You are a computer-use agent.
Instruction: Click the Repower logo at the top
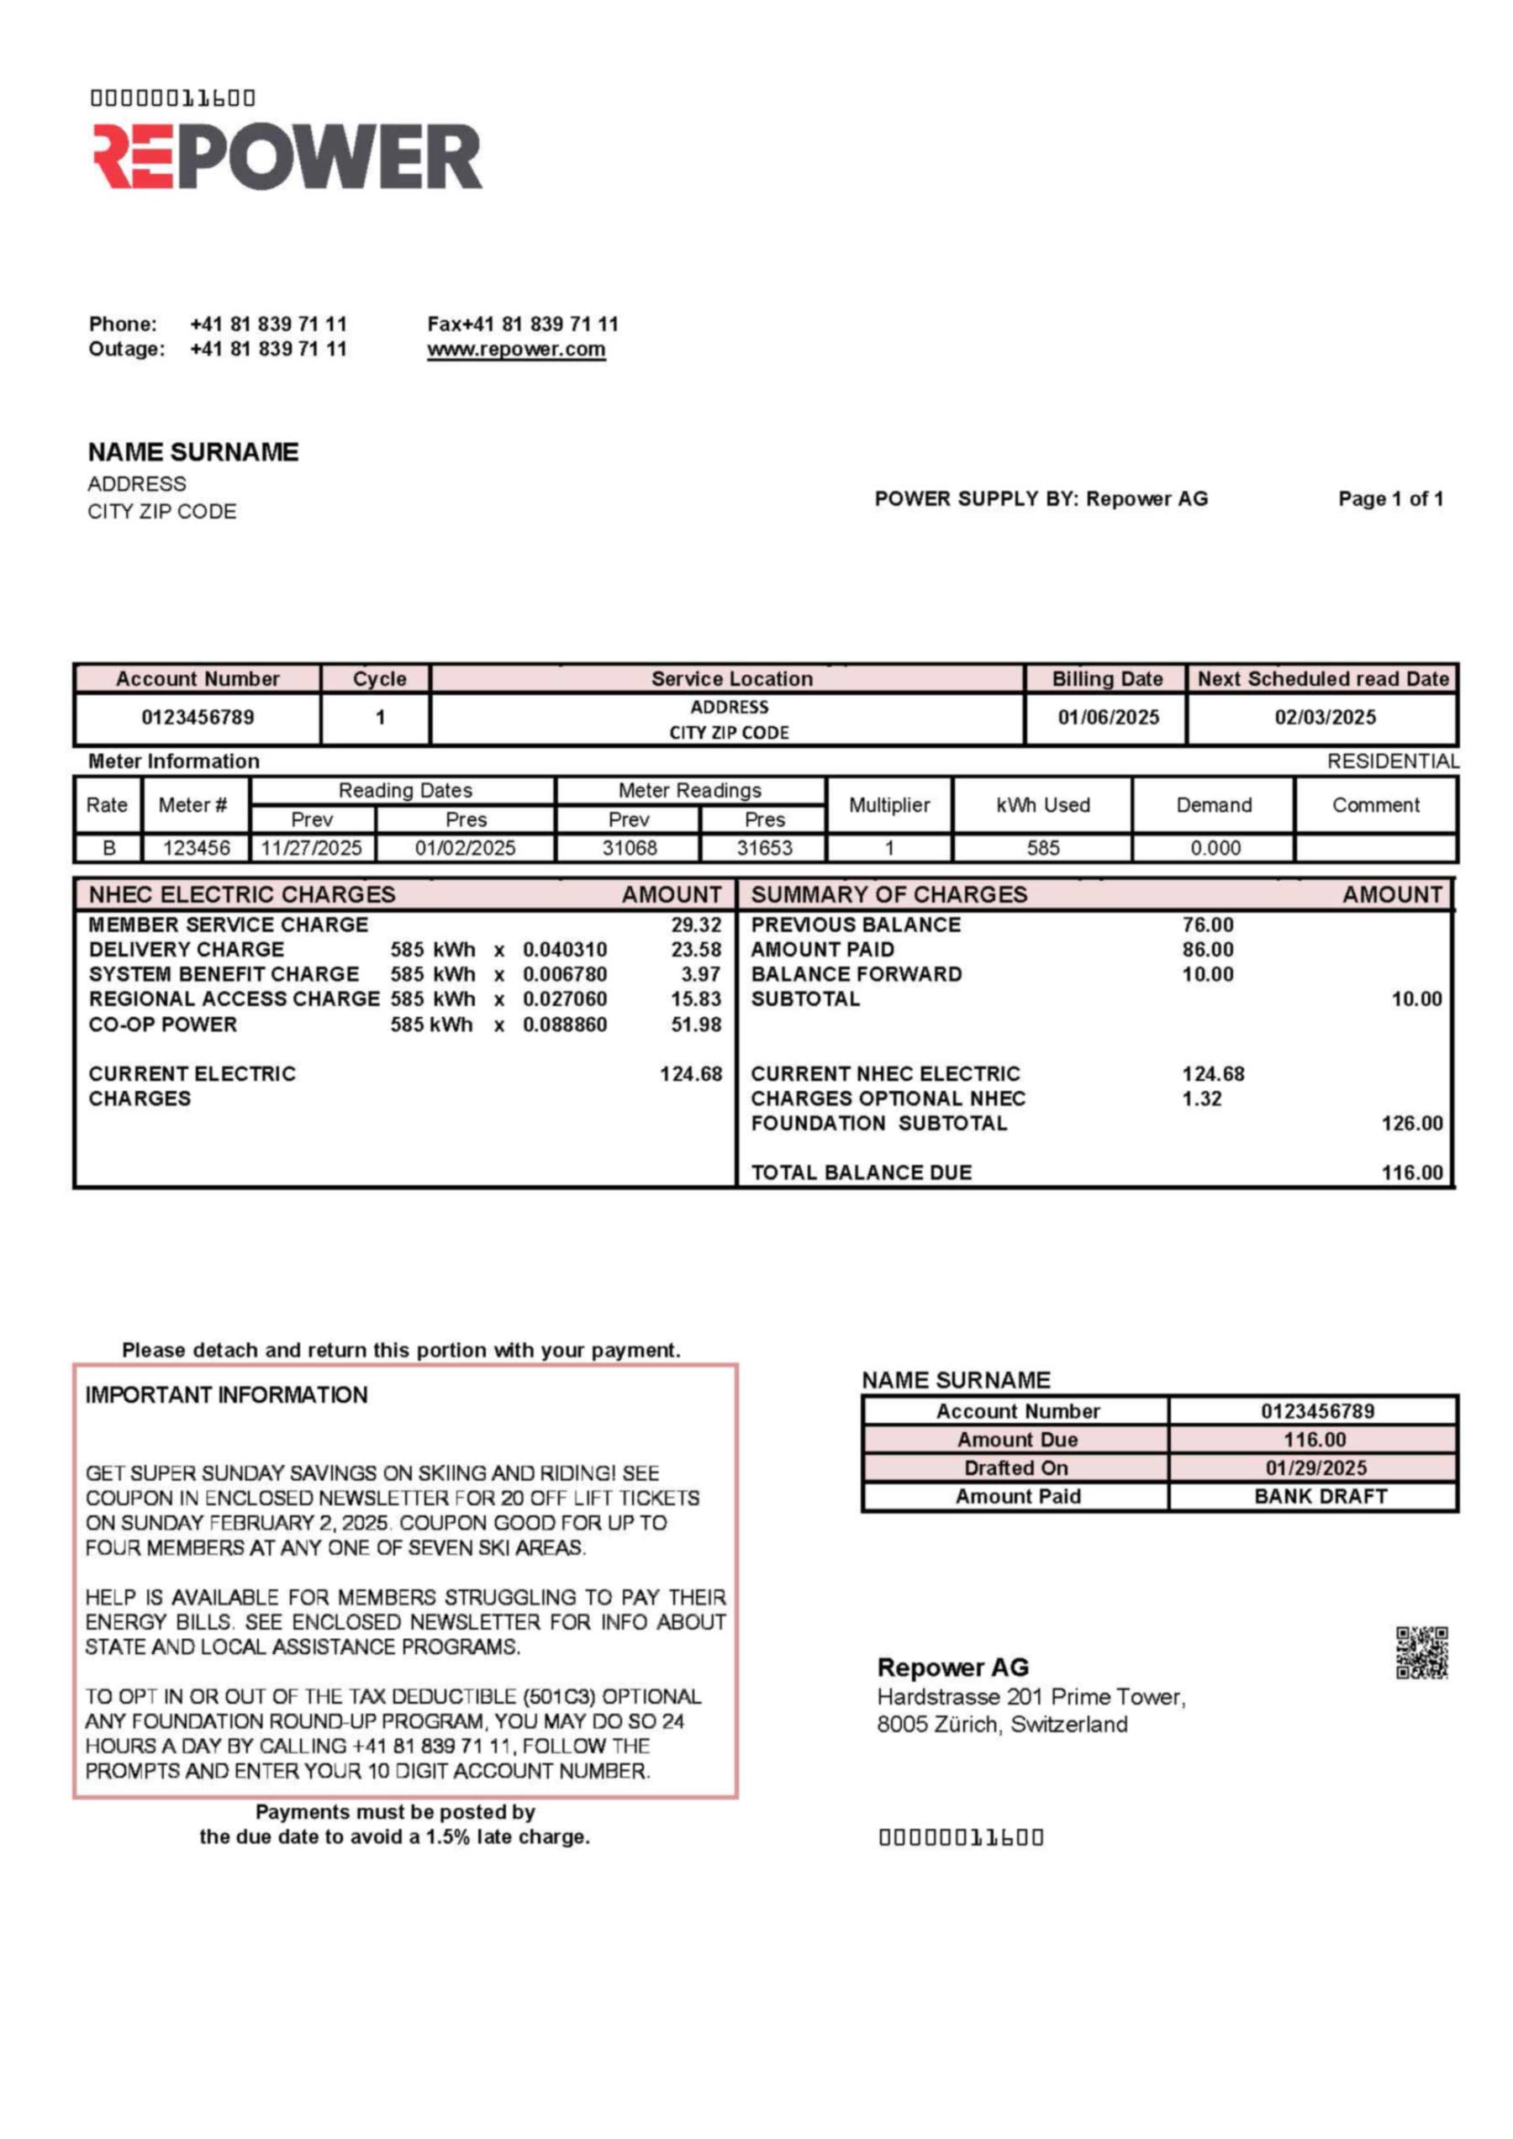pyautogui.click(x=287, y=155)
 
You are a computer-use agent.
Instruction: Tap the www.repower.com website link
pyautogui.click(x=516, y=350)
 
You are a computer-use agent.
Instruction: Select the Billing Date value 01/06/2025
pyautogui.click(x=1108, y=718)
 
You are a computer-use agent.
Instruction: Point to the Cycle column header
pyautogui.click(x=379, y=679)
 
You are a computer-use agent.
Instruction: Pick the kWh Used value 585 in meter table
pyautogui.click(x=1042, y=848)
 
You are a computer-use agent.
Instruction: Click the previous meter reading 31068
pyautogui.click(x=629, y=848)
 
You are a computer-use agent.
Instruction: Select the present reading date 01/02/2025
pyautogui.click(x=465, y=848)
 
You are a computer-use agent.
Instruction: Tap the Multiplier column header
pyautogui.click(x=888, y=805)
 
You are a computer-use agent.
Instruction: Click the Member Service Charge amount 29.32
pyautogui.click(x=696, y=925)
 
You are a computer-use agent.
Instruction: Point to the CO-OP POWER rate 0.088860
pyautogui.click(x=565, y=1025)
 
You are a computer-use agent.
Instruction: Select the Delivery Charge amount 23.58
pyautogui.click(x=696, y=950)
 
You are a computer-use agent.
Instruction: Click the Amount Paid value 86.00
pyautogui.click(x=1207, y=950)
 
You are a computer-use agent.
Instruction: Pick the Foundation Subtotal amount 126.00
pyautogui.click(x=1411, y=1124)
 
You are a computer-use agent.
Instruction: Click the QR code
pyautogui.click(x=1421, y=1652)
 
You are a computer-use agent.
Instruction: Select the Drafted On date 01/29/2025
pyautogui.click(x=1315, y=1468)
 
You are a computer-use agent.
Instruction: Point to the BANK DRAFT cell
pyautogui.click(x=1321, y=1496)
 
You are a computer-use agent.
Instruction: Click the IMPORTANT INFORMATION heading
pyautogui.click(x=226, y=1394)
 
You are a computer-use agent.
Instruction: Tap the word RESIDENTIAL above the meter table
pyautogui.click(x=1393, y=761)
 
